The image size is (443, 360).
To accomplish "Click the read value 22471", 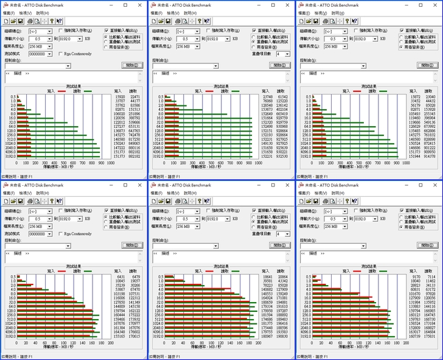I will point(134,96).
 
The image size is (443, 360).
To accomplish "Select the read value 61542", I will point(283,96).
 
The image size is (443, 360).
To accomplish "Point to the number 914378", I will point(430,156).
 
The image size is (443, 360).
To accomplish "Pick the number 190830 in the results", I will point(283,336).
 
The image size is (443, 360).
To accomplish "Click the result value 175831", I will point(430,336).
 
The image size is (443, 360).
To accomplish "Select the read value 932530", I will point(283,156).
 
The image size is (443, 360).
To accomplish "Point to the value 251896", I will point(134,113).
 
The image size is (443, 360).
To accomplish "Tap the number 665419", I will point(283,113).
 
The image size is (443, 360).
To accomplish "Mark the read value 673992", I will point(430,125).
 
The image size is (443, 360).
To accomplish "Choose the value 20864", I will point(283,277).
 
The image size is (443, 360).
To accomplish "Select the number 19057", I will point(134,281).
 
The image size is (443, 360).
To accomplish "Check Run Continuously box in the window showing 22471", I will point(61,53).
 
